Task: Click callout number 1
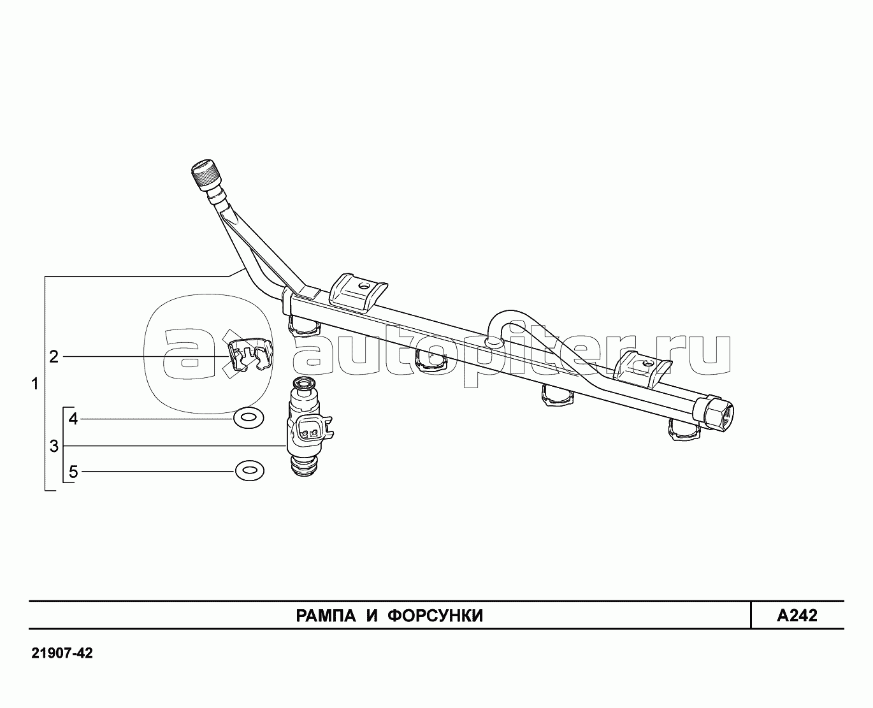pyautogui.click(x=35, y=384)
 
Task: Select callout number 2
pyautogui.click(x=54, y=356)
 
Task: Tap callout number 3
pyautogui.click(x=54, y=445)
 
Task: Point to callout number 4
pyautogui.click(x=73, y=419)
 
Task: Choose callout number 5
pyautogui.click(x=73, y=472)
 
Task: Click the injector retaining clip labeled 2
pyautogui.click(x=249, y=354)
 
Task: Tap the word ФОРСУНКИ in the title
pyautogui.click(x=436, y=616)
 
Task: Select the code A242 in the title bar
pyautogui.click(x=797, y=616)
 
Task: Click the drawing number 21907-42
pyautogui.click(x=61, y=654)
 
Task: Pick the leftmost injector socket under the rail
pyautogui.click(x=305, y=326)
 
